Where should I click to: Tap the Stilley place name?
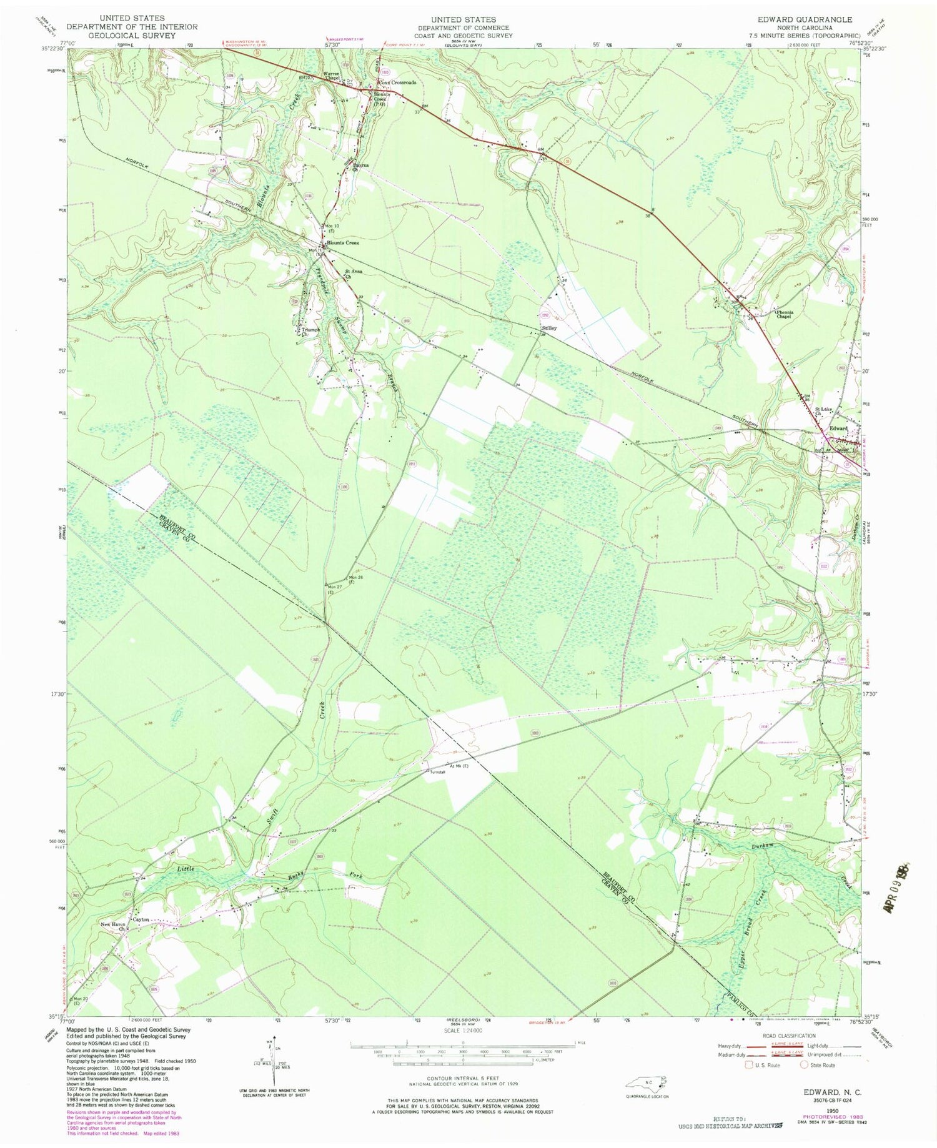pyautogui.click(x=550, y=328)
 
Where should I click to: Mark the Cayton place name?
pyautogui.click(x=142, y=919)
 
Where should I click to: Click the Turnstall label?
pyautogui.click(x=437, y=773)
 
